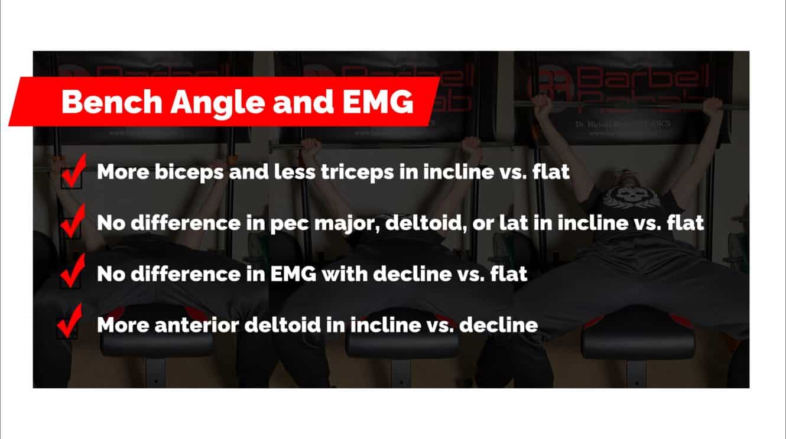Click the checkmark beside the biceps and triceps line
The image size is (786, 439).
[x=73, y=171]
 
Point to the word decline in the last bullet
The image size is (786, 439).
[x=498, y=325]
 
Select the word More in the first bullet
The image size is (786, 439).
[x=120, y=173]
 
